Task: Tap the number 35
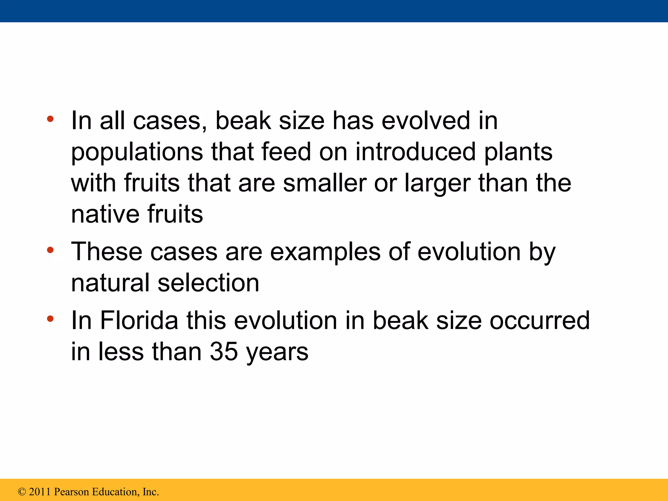224,352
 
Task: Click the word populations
137,152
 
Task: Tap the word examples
325,252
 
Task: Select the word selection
208,283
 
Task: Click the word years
277,352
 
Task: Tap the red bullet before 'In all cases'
50,119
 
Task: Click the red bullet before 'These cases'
50,250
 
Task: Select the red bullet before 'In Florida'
50,319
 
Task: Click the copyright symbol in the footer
22,492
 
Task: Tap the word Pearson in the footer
71,492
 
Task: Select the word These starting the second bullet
107,252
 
